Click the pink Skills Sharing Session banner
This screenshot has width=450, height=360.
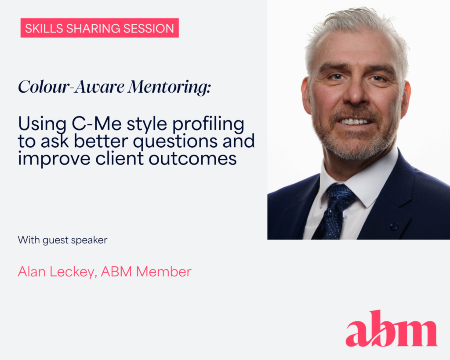tap(100, 28)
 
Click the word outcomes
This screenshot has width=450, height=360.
tap(192, 159)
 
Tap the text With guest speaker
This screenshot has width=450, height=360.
tap(62, 240)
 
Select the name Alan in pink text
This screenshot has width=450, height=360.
tap(32, 272)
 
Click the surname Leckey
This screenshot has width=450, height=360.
tap(73, 272)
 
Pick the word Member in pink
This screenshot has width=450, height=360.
tap(163, 272)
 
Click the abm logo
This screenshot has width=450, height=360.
tap(392, 328)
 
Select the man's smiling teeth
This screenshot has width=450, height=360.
tap(355, 121)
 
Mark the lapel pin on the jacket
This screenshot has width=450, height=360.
tap(393, 226)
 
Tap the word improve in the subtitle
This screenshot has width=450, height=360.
tap(54, 159)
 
